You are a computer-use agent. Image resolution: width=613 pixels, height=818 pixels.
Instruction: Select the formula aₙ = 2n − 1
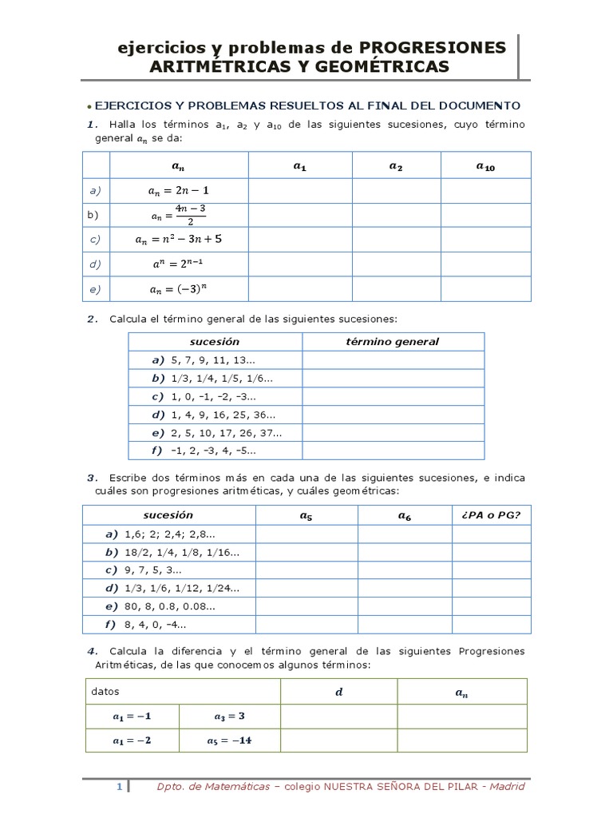point(179,191)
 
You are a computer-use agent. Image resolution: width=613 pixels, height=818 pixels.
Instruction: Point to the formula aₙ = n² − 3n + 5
point(179,239)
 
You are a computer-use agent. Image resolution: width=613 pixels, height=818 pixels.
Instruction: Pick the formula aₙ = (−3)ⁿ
point(179,288)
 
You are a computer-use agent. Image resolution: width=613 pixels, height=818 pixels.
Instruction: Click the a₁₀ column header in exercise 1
point(485,167)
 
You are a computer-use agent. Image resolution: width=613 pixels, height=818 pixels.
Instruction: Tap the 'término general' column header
point(392,342)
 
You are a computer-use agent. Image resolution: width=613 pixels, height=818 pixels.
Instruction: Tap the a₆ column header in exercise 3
point(405,516)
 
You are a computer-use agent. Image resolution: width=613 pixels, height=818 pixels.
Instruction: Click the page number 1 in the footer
point(119,787)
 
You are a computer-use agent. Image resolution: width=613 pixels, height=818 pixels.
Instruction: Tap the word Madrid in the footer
point(508,787)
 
